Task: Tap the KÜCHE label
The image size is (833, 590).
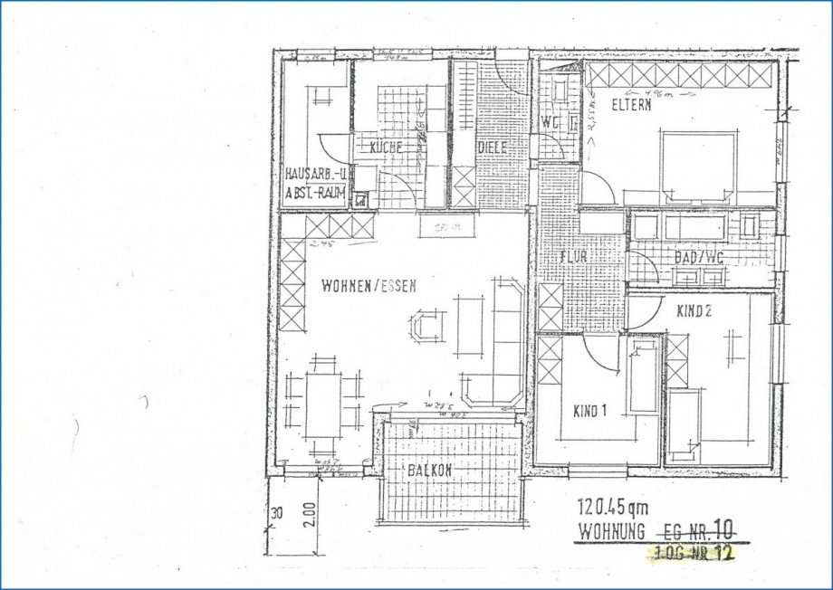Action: point(386,147)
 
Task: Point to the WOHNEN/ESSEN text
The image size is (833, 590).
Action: point(369,286)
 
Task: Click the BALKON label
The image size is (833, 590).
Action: point(429,471)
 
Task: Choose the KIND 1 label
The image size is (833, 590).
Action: point(589,412)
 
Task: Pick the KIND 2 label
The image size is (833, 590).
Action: point(696,310)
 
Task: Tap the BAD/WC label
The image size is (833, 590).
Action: point(699,257)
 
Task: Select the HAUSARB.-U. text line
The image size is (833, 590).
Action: point(315,173)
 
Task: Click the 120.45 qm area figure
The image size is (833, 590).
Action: point(613,509)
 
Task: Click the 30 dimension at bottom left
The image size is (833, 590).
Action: point(277,513)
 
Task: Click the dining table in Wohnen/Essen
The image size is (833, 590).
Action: point(322,404)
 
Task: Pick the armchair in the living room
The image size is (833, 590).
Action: point(426,323)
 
